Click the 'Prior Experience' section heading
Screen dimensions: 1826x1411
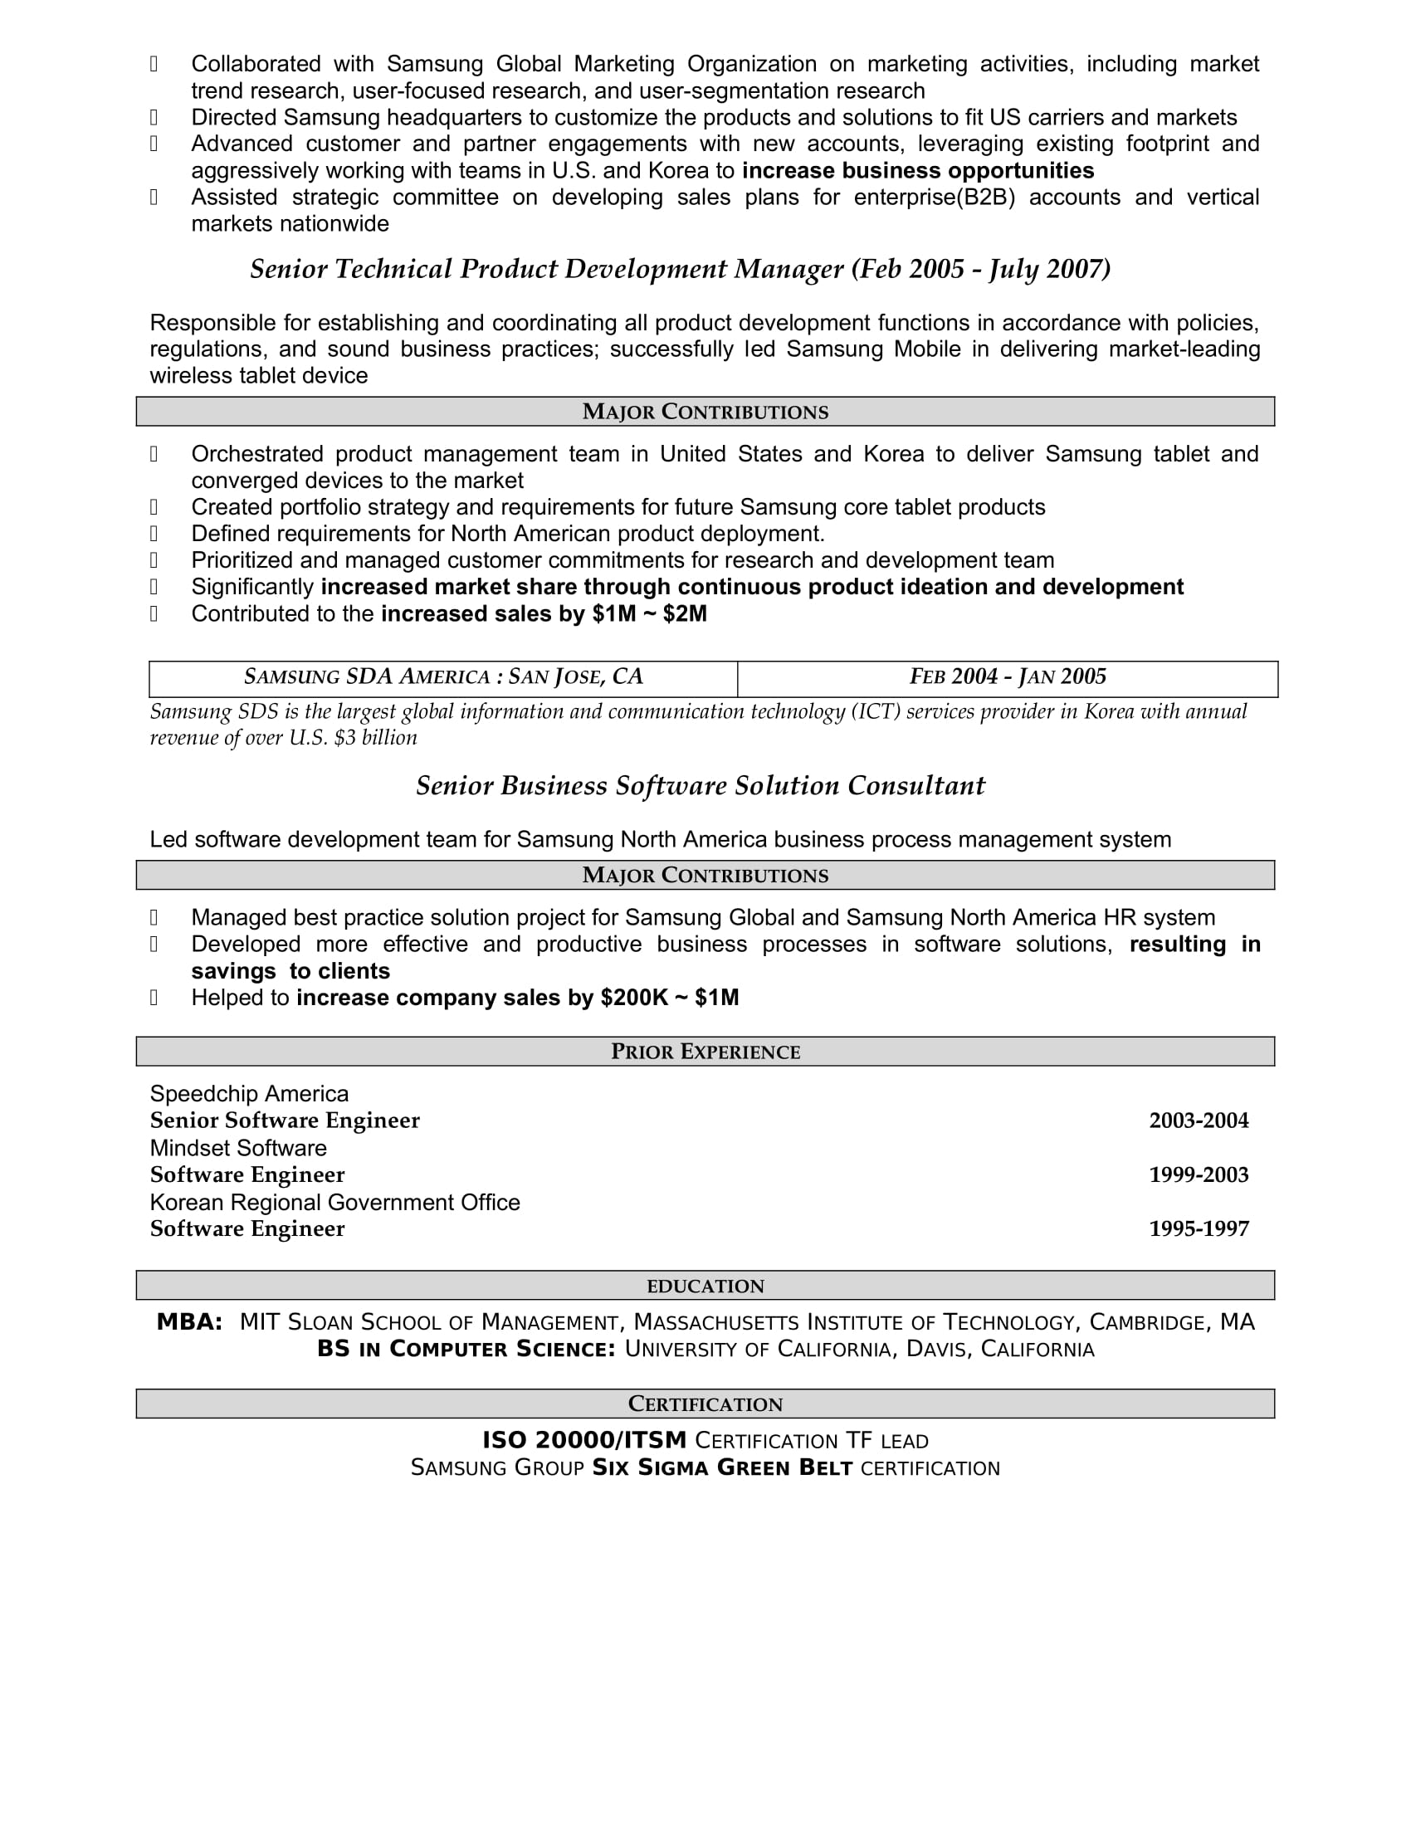(x=705, y=1051)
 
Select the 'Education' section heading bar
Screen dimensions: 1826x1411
(x=705, y=1286)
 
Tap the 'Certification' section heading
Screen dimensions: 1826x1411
(x=705, y=1404)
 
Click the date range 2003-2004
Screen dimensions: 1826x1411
(x=1198, y=1120)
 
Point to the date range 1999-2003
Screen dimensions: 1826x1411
(x=1198, y=1174)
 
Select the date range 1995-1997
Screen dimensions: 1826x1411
(x=1198, y=1228)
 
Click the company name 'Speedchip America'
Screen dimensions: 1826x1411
(x=249, y=1094)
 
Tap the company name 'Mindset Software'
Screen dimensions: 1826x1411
(x=238, y=1148)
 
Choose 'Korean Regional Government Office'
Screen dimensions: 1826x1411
(x=334, y=1203)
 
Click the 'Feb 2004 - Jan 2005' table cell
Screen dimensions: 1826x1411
(x=1008, y=676)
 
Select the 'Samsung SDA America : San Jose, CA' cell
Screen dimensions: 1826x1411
(x=443, y=676)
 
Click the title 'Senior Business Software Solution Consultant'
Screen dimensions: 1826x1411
(x=701, y=786)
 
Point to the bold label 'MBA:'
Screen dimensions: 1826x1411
(x=190, y=1322)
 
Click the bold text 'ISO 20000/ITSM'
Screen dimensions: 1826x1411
(x=584, y=1440)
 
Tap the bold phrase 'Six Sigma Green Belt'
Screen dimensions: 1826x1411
(x=722, y=1467)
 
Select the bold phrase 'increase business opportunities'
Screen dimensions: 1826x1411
(x=918, y=170)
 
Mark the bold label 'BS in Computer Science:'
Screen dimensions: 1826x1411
(x=466, y=1349)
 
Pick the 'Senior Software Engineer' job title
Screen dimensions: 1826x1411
(x=284, y=1120)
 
